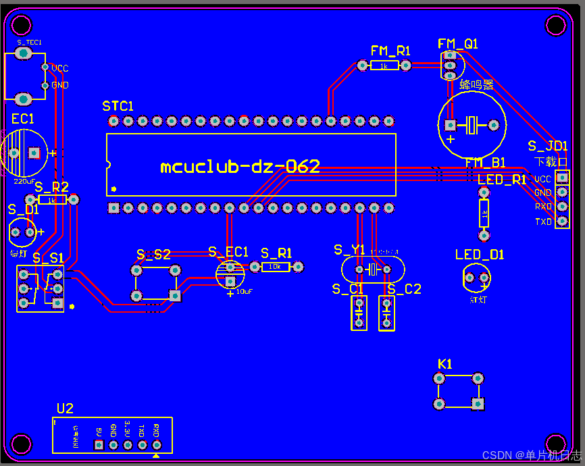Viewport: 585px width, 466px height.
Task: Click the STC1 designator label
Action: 118,106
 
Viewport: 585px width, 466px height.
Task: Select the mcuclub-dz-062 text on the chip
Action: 240,167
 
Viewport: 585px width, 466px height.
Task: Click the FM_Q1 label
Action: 458,44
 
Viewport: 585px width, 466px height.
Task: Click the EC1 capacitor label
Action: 23,119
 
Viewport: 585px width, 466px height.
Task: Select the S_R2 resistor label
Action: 51,187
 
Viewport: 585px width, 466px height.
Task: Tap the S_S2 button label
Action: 153,255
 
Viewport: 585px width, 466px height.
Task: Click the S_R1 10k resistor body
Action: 275,267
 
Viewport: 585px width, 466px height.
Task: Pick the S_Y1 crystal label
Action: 349,250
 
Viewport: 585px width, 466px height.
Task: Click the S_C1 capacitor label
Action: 348,289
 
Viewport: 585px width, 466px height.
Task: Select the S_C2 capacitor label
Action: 404,289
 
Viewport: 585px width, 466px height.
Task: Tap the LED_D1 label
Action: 479,255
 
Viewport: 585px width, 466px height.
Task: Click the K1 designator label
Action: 445,364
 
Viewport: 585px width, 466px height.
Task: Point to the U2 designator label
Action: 65,408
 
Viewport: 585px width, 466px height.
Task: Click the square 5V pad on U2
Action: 99,445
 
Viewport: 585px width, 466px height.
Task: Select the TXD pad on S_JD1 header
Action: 562,222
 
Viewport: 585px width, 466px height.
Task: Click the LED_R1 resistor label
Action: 501,180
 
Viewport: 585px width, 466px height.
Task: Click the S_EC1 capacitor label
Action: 228,252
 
